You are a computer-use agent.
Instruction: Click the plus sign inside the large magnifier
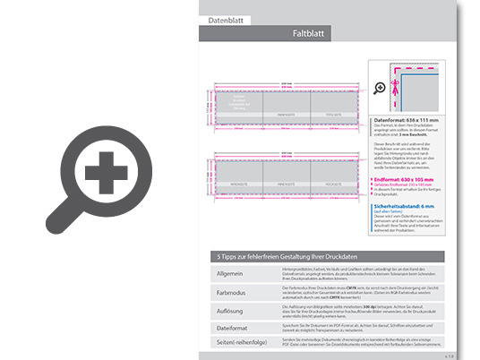106,167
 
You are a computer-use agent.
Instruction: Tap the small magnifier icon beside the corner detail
379,87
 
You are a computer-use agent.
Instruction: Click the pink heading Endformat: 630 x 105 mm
409,178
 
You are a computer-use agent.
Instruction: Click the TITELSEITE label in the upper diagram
334,114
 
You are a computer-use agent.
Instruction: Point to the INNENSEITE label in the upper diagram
287,114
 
